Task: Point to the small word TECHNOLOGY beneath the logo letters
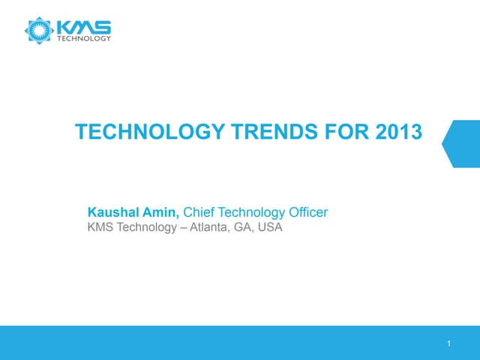(85, 39)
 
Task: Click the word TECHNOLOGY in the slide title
(149, 133)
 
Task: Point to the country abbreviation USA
(269, 227)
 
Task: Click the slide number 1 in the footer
(448, 344)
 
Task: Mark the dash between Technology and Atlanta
(181, 227)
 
